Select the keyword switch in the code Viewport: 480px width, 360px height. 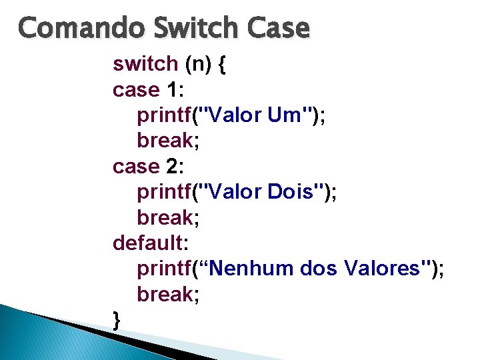pos(145,64)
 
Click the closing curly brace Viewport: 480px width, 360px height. pos(117,321)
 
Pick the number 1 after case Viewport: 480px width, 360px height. pos(173,90)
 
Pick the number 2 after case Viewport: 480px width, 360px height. pos(173,167)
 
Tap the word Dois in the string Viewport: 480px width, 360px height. pos(293,192)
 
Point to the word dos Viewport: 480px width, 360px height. pos(320,269)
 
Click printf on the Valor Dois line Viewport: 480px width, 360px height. pos(164,192)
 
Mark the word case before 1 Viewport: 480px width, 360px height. pos(137,90)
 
